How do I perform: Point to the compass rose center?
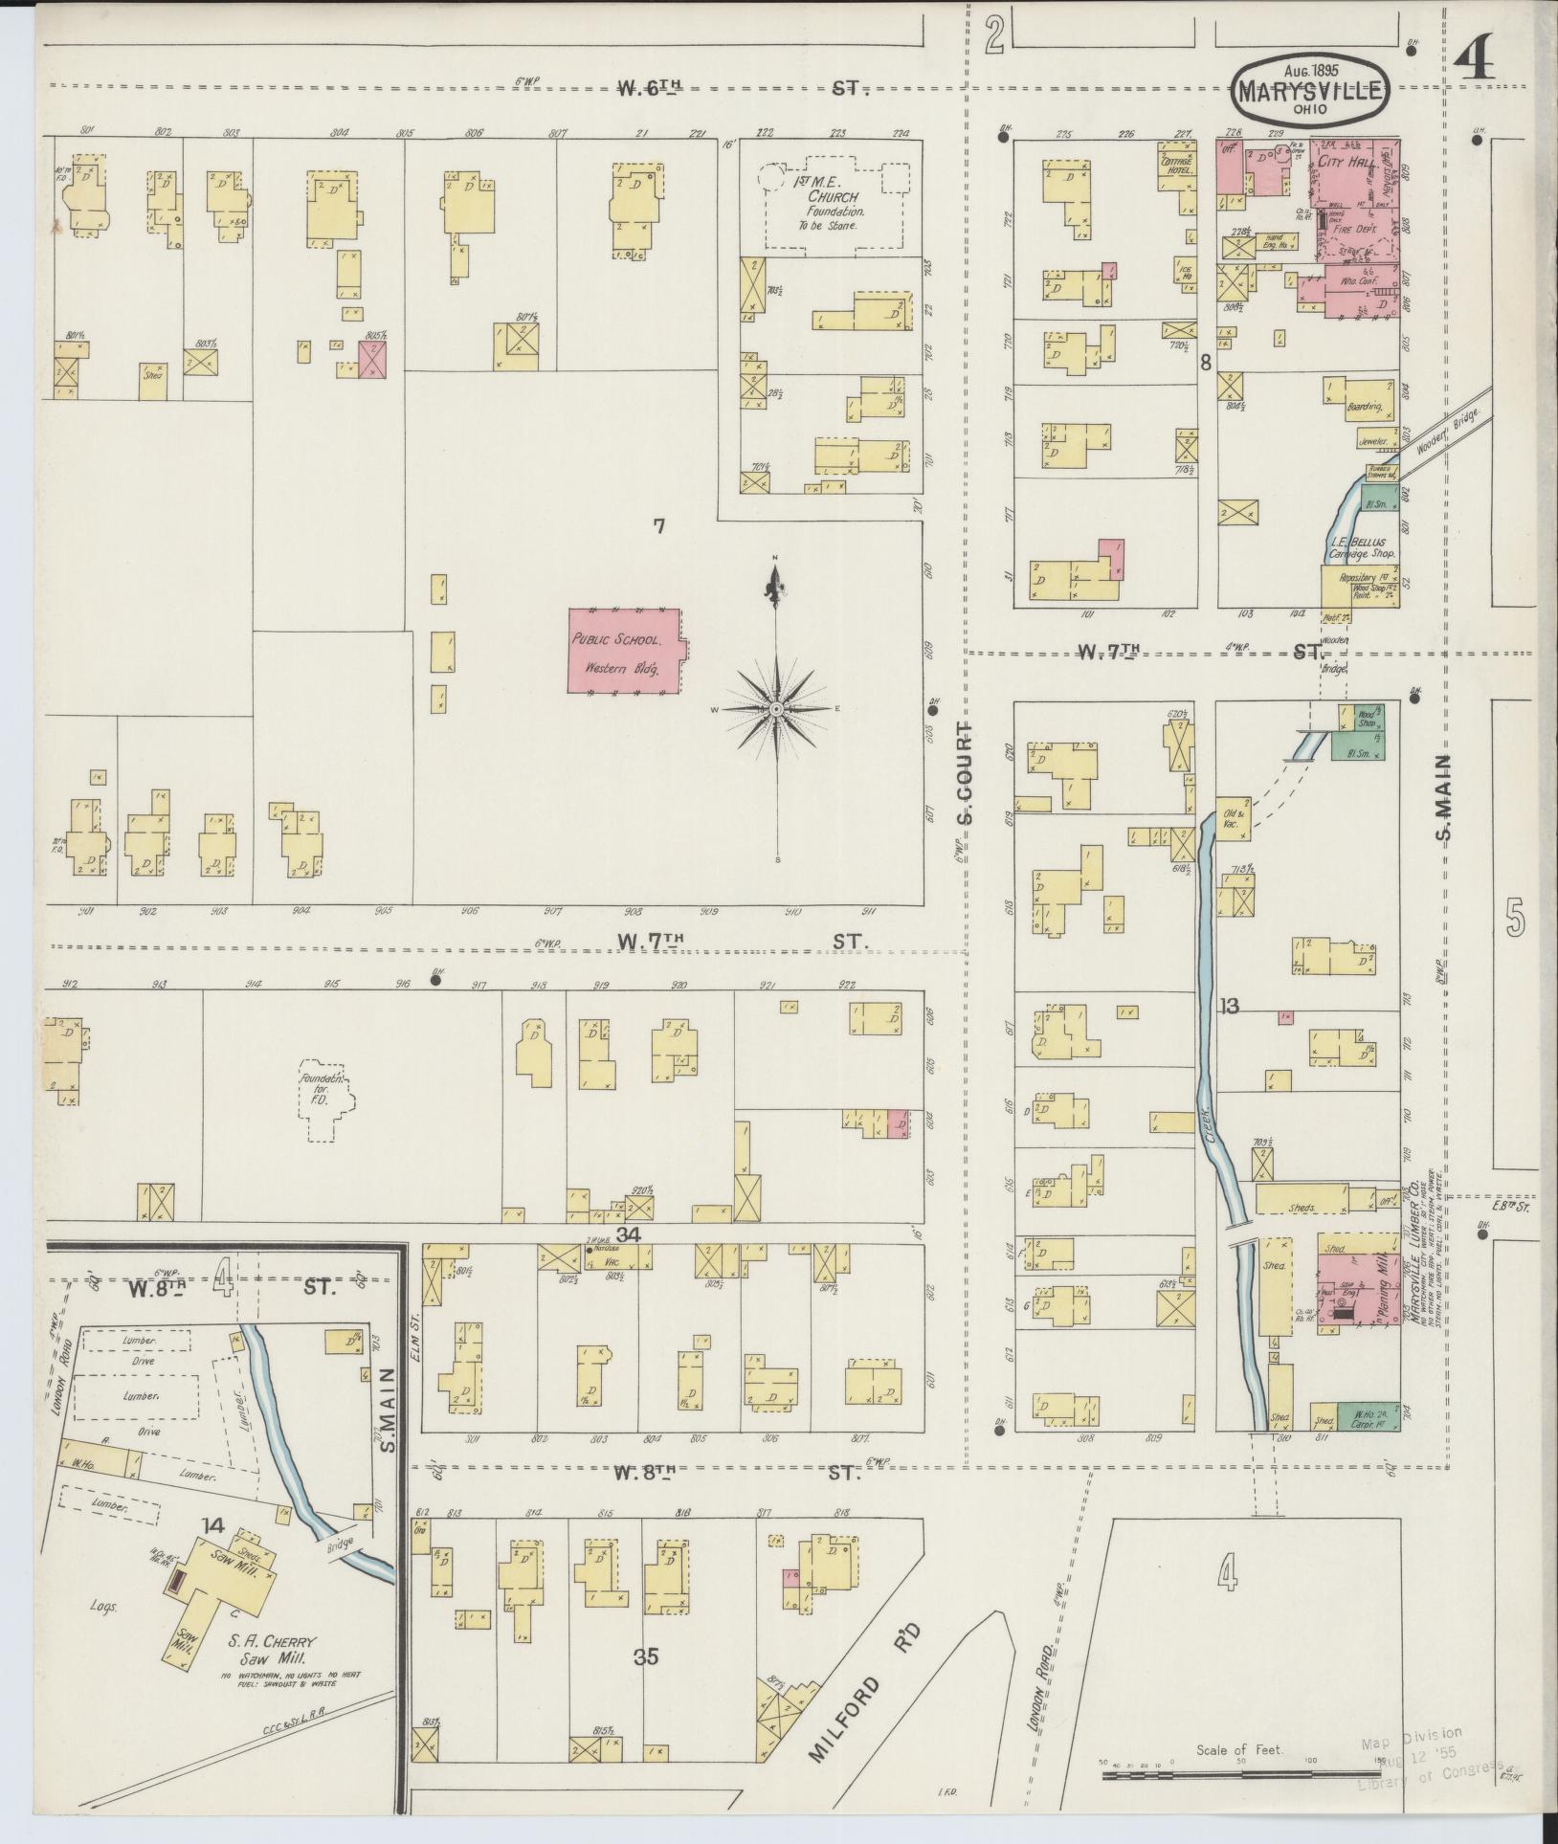point(776,709)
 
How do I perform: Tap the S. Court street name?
point(964,773)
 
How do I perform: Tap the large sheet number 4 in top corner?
point(1475,63)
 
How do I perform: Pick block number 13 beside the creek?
point(1229,1006)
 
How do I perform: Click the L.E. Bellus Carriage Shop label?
point(1356,547)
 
